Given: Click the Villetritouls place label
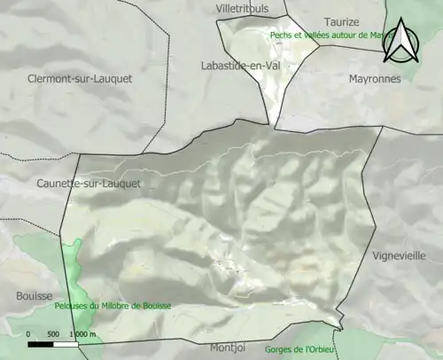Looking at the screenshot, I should tap(242, 8).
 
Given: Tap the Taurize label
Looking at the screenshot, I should tap(341, 21).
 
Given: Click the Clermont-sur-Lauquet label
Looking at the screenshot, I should tap(80, 78).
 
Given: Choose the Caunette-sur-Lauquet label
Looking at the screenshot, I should tap(89, 184).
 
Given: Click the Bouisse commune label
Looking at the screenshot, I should tap(35, 295).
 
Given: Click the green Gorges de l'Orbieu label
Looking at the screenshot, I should tap(302, 349).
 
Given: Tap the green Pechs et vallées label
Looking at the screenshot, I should tap(328, 35).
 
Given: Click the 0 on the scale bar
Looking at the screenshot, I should tap(28, 334).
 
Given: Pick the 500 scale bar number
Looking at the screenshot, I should tap(52, 334).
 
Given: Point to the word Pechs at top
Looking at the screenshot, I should tap(282, 35).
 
